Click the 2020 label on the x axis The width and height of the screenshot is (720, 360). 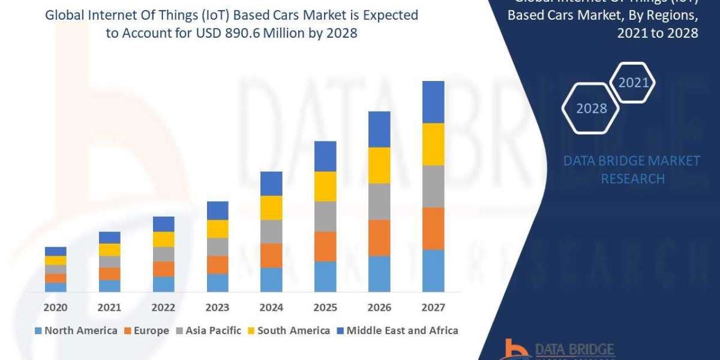[55, 307]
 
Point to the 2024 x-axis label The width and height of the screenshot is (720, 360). [271, 307]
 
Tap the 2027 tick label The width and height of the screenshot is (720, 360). [433, 307]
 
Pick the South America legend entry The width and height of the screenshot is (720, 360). [288, 331]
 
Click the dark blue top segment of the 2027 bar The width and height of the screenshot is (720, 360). [433, 102]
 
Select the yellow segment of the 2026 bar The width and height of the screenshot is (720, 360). [379, 165]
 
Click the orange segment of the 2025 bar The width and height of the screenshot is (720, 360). [325, 246]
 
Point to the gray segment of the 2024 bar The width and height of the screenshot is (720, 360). [271, 232]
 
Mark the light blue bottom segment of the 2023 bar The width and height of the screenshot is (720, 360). [217, 283]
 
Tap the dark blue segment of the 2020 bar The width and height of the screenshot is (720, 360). [55, 251]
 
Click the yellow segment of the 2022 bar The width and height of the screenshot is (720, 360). [163, 239]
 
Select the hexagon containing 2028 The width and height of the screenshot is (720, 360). [590, 109]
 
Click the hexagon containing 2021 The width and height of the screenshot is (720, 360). [633, 83]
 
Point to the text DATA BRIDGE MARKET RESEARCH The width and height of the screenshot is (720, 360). [632, 169]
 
